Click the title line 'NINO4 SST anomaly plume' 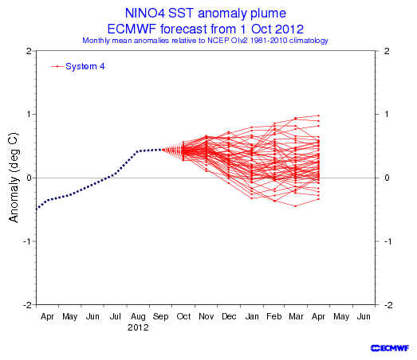pyautogui.click(x=205, y=13)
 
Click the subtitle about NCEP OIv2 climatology pyautogui.click(x=205, y=41)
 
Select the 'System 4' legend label pyautogui.click(x=85, y=66)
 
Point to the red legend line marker pyautogui.click(x=57, y=66)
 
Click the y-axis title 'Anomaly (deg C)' pyautogui.click(x=14, y=177)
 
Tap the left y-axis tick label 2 pyautogui.click(x=29, y=51)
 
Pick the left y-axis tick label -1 pyautogui.click(x=26, y=241)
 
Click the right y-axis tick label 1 pyautogui.click(x=387, y=114)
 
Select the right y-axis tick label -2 pyautogui.click(x=389, y=305)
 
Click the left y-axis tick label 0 pyautogui.click(x=29, y=178)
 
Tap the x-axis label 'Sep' pyautogui.click(x=160, y=316)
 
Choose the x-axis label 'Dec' pyautogui.click(x=229, y=316)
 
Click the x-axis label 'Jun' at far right pyautogui.click(x=364, y=316)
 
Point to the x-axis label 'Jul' pyautogui.click(x=116, y=316)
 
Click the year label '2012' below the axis pyautogui.click(x=138, y=327)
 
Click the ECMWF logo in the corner pyautogui.click(x=390, y=348)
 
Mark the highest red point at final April pyautogui.click(x=319, y=115)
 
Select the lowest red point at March pyautogui.click(x=296, y=206)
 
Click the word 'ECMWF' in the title pyautogui.click(x=132, y=29)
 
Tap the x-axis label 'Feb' pyautogui.click(x=274, y=316)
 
